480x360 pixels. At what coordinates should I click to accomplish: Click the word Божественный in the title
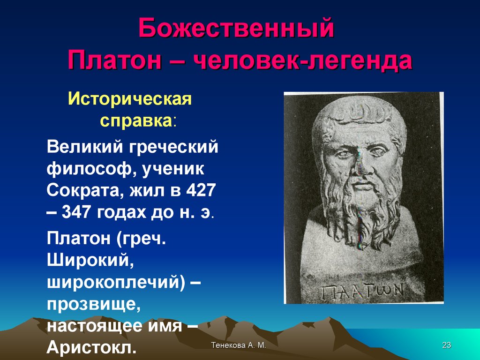click(236, 29)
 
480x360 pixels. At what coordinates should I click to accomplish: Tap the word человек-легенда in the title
click(303, 60)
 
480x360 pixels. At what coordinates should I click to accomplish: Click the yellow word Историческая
click(130, 99)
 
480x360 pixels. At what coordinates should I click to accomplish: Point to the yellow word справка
click(136, 121)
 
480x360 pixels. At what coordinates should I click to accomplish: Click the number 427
click(201, 190)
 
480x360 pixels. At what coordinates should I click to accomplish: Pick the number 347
click(76, 212)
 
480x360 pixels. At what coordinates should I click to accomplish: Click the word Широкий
click(90, 261)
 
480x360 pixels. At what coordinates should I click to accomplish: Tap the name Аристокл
click(91, 347)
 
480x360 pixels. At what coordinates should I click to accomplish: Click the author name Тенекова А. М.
click(239, 345)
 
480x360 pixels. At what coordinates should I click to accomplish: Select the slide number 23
click(447, 345)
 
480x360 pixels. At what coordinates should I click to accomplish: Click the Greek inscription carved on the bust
click(362, 291)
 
